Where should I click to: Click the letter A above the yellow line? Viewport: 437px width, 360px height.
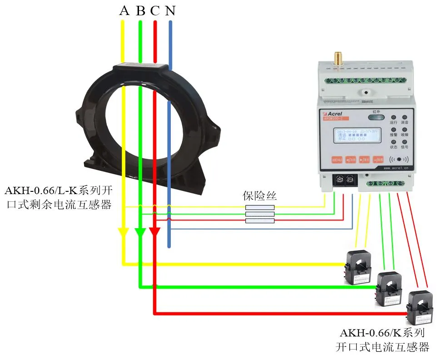click(124, 10)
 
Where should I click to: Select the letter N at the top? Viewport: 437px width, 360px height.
click(170, 10)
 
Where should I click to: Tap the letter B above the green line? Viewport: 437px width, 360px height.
click(140, 10)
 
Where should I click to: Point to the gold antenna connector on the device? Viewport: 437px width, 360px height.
click(338, 58)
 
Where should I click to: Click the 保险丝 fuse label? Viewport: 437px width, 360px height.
click(259, 196)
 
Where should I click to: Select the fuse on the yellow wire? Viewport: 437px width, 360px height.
click(259, 207)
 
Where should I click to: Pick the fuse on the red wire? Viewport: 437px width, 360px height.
click(259, 221)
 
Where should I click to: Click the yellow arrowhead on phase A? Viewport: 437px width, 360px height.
click(123, 232)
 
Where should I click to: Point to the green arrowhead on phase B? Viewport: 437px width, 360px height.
click(140, 232)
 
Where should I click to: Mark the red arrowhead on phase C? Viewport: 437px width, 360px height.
click(155, 232)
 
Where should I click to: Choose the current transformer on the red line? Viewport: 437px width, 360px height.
click(419, 307)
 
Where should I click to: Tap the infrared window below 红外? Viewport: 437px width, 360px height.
click(376, 117)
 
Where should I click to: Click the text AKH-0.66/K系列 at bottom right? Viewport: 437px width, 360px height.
click(382, 333)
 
